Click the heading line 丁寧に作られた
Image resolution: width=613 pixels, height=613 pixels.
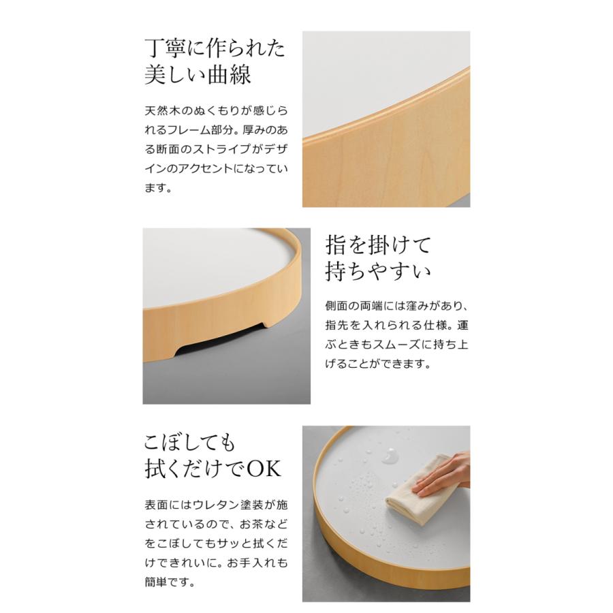tap(215, 49)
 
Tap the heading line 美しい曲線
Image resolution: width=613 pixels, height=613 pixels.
tap(198, 74)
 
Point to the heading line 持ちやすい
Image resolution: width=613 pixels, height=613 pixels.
tap(379, 271)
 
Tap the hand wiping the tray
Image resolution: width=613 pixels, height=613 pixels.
tap(446, 474)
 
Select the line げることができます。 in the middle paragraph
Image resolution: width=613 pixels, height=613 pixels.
tap(379, 364)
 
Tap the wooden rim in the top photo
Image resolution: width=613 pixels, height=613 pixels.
tap(381, 163)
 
